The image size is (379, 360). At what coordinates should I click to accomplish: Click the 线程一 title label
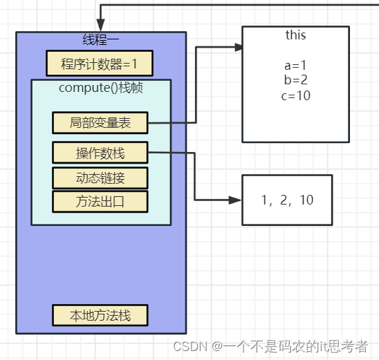[101, 39]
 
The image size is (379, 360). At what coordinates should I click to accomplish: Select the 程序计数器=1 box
[99, 64]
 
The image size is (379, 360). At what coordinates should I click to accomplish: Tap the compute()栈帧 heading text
[101, 88]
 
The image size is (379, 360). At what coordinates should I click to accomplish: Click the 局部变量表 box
[101, 123]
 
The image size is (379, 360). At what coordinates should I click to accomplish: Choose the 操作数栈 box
[101, 152]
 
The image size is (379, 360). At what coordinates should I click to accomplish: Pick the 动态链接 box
[101, 178]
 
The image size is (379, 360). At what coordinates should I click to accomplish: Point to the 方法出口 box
[101, 202]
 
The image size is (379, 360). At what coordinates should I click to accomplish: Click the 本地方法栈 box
[101, 315]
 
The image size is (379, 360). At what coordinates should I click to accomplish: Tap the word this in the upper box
[295, 35]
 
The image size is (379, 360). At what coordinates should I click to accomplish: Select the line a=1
[295, 66]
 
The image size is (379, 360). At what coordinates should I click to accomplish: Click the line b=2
[295, 81]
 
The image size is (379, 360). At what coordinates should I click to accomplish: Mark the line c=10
[295, 96]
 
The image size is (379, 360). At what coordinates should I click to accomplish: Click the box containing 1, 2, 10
[287, 200]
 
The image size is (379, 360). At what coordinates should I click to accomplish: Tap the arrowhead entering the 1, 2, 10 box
[238, 200]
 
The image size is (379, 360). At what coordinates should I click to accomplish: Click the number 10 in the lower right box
[307, 200]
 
